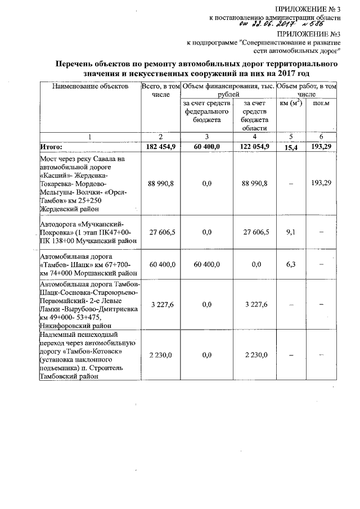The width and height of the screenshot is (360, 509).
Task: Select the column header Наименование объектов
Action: (x=89, y=87)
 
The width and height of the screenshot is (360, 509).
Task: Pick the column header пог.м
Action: (x=321, y=103)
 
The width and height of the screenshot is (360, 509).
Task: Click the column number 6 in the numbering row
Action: (x=321, y=137)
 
